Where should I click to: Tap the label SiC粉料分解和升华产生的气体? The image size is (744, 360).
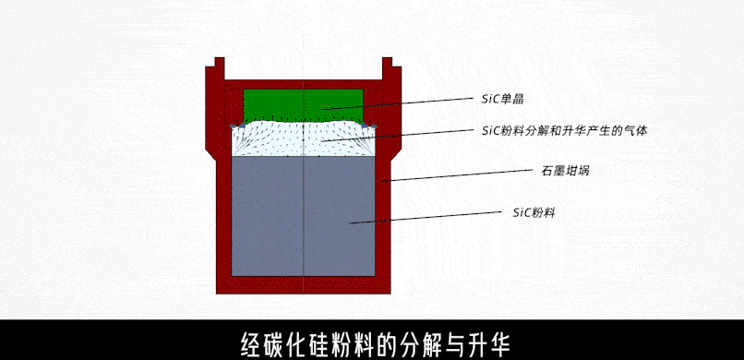[x=564, y=131]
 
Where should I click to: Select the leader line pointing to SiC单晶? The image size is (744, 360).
[x=397, y=103]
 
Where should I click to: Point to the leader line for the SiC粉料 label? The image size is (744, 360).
[x=425, y=217]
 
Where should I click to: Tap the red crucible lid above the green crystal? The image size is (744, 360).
[x=303, y=83]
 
